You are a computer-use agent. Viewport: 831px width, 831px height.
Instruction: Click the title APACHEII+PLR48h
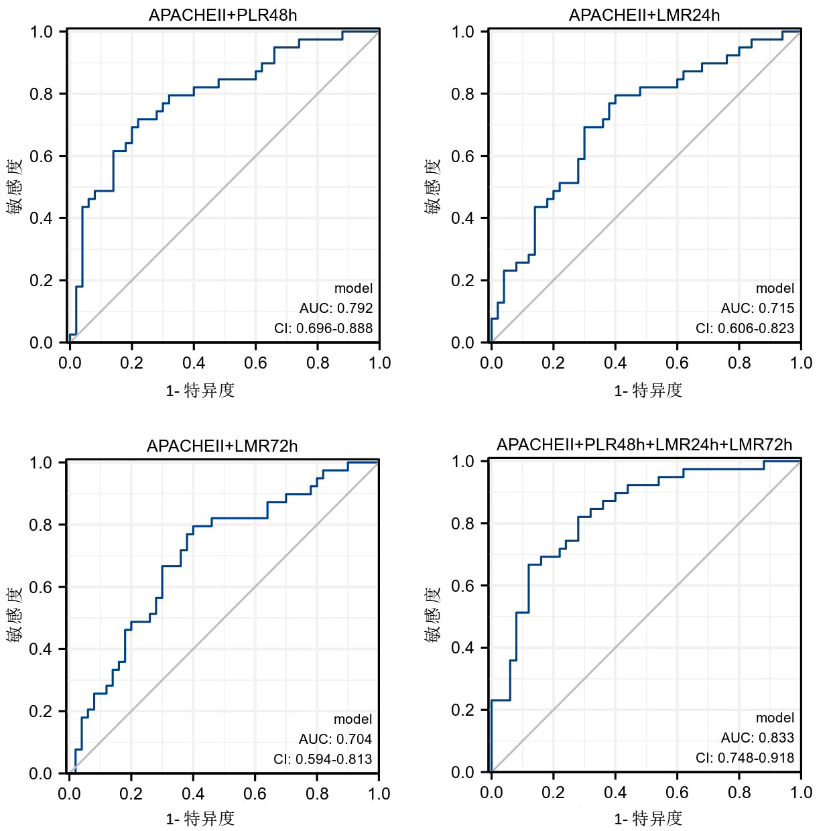[x=222, y=15]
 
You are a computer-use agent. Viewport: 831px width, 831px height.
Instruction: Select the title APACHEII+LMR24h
[x=644, y=15]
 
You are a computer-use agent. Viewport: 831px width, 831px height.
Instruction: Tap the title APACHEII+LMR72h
[x=222, y=446]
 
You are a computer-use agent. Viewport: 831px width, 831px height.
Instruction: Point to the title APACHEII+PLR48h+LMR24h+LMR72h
[x=644, y=445]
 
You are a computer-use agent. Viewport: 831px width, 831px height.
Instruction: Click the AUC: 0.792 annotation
[x=336, y=308]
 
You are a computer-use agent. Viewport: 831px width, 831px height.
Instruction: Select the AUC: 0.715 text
[x=757, y=308]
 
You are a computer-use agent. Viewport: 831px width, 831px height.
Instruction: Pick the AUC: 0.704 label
[x=335, y=739]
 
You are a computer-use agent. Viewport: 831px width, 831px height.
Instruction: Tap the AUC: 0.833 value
[x=757, y=738]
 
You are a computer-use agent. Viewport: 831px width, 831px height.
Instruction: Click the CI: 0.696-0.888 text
[x=323, y=328]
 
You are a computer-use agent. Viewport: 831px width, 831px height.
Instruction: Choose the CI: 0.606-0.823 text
[x=745, y=328]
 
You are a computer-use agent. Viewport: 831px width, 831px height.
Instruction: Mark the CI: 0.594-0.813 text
[x=322, y=759]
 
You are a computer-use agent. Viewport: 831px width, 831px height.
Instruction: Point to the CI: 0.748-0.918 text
[x=745, y=758]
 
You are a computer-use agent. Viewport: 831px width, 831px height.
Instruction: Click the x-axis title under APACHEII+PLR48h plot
[x=200, y=391]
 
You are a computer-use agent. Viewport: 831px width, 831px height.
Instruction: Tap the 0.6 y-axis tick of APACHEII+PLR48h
[x=41, y=156]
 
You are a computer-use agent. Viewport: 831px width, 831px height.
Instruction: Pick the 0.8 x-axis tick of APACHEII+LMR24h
[x=739, y=363]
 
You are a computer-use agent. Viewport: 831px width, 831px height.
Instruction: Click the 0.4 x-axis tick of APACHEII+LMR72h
[x=193, y=794]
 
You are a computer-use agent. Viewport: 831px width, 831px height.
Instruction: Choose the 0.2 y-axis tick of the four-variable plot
[x=462, y=710]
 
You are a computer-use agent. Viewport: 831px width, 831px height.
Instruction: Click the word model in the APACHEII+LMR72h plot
[x=353, y=719]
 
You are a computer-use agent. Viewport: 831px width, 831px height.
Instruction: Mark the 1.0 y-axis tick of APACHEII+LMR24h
[x=462, y=31]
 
